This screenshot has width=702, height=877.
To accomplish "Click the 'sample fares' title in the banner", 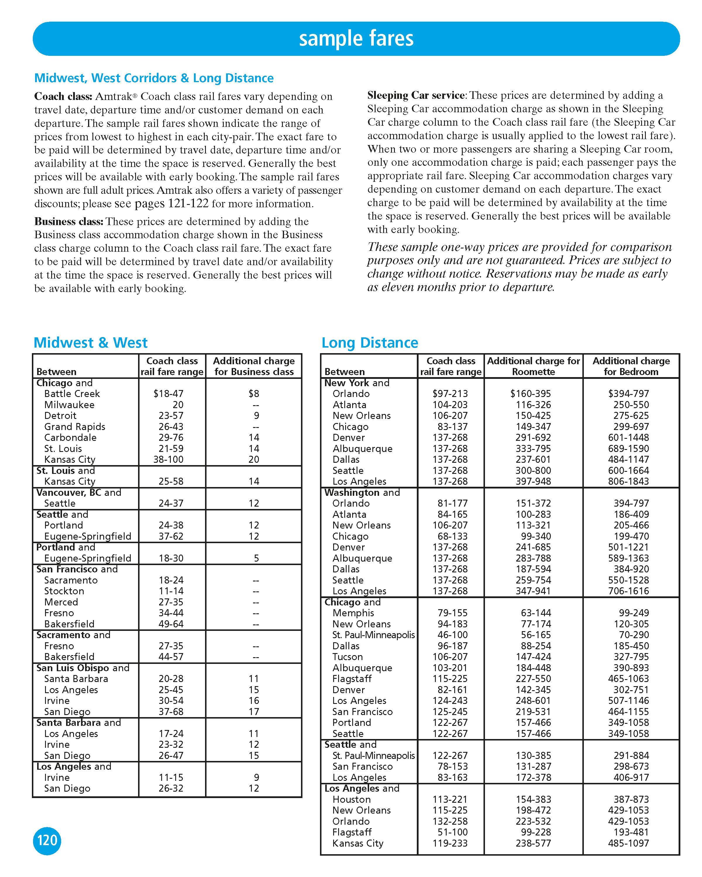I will tap(356, 39).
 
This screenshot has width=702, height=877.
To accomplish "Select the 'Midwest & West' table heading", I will tap(90, 343).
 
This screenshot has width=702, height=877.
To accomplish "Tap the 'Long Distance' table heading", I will tap(369, 343).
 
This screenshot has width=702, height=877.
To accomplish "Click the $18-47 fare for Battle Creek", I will tap(168, 393).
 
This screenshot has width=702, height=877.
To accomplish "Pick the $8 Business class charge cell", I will tap(254, 393).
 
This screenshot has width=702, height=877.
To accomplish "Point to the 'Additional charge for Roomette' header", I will tap(533, 366).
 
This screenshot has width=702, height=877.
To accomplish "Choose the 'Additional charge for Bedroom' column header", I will tap(631, 366).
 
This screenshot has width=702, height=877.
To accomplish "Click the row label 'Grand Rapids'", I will tap(75, 427).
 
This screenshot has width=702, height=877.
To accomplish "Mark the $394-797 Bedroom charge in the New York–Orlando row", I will tap(628, 393).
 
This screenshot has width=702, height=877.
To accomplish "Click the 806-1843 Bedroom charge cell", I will tap(628, 481).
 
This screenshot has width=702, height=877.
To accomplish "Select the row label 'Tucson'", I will tap(347, 657).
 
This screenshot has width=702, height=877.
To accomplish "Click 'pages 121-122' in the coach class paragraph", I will tap(171, 203).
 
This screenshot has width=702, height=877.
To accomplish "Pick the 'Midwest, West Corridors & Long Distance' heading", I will tap(154, 78).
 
